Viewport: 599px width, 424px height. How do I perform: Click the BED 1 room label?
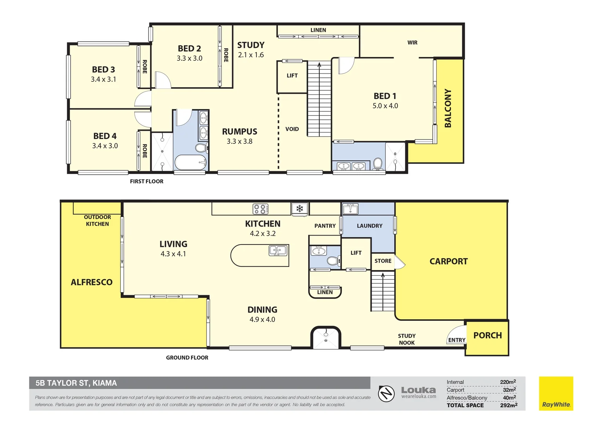(385, 96)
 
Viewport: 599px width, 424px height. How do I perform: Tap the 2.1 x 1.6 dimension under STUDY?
(251, 55)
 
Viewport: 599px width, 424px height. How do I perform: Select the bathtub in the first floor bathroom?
(191, 162)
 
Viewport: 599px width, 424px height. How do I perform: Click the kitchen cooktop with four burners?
(260, 209)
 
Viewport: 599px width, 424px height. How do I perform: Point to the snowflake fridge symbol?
(300, 208)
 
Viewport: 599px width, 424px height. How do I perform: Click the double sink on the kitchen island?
(278, 251)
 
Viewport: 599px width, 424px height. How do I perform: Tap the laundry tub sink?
(350, 209)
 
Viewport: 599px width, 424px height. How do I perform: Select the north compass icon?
(387, 394)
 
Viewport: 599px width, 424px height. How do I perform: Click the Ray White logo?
(556, 393)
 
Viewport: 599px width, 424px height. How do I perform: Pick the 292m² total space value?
(508, 405)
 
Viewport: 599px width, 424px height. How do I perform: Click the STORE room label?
(383, 261)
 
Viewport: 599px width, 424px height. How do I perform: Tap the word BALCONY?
(448, 108)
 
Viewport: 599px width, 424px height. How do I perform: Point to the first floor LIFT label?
(292, 76)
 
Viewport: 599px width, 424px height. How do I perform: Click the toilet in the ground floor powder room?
(333, 260)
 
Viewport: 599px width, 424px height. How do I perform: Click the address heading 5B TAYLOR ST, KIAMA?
(76, 383)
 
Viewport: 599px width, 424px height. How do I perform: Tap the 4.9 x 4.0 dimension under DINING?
(262, 320)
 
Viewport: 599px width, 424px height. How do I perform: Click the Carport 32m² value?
(509, 390)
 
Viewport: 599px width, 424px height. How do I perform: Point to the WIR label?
(412, 42)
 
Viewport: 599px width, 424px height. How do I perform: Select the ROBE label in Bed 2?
(226, 55)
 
